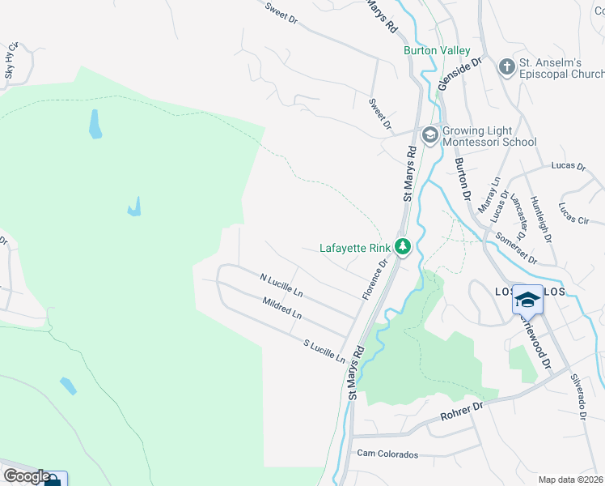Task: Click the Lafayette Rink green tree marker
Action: pos(403,247)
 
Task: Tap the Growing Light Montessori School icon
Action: pos(429,134)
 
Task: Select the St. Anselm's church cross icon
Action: pos(507,66)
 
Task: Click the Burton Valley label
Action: pos(437,50)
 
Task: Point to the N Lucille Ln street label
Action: pos(281,283)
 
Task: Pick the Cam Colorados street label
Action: pos(387,454)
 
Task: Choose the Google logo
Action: pos(26,476)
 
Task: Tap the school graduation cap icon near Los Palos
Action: pos(527,300)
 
